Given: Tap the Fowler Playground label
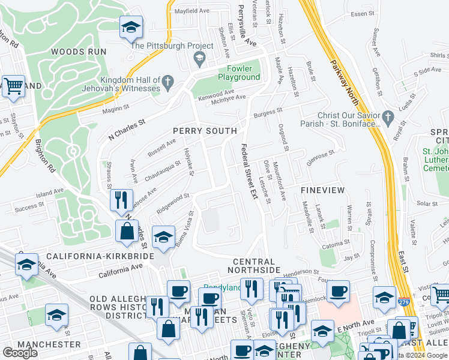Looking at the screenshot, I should [x=239, y=73].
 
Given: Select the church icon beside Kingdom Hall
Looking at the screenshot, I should [x=169, y=81].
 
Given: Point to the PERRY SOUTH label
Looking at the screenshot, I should [x=205, y=131].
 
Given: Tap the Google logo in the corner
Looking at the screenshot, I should [x=20, y=353].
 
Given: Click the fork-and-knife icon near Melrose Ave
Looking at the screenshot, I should [x=122, y=199].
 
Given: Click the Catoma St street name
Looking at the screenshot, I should [x=335, y=245].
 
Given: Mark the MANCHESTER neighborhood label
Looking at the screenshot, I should [x=41, y=344].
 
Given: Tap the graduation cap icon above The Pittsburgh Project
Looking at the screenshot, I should [x=131, y=28].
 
